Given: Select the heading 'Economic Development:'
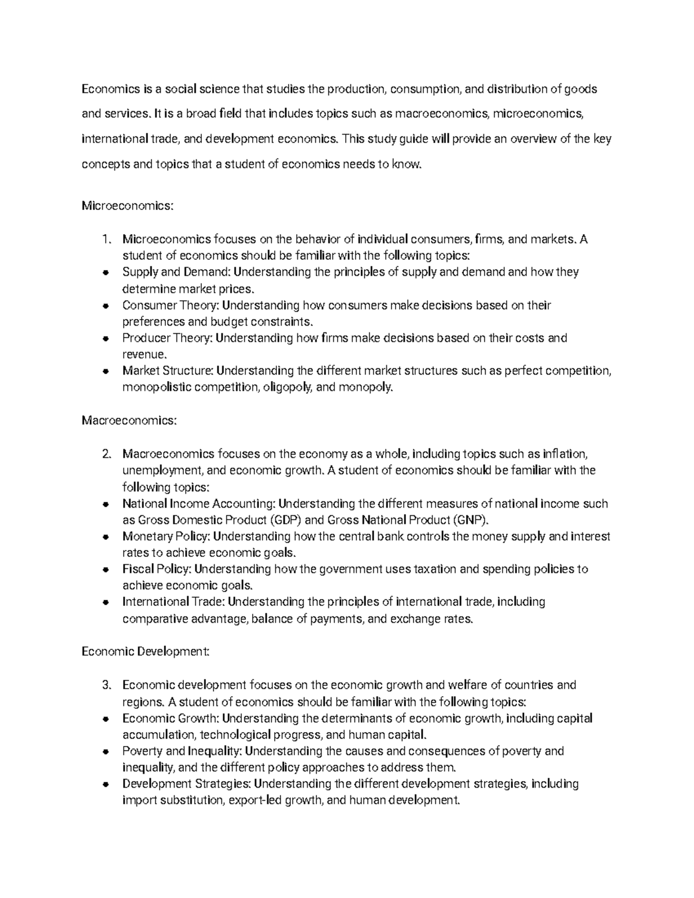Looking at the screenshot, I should click(145, 652).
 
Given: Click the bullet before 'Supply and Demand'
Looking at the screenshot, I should click(105, 272).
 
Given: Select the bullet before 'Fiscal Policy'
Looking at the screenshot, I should click(105, 570).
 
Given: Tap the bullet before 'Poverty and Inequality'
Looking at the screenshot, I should click(105, 752).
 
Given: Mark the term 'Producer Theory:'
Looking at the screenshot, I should click(167, 338).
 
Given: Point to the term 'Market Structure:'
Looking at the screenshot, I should click(168, 371).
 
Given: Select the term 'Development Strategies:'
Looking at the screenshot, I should click(187, 784).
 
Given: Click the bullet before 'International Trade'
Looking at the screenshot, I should click(105, 603).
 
